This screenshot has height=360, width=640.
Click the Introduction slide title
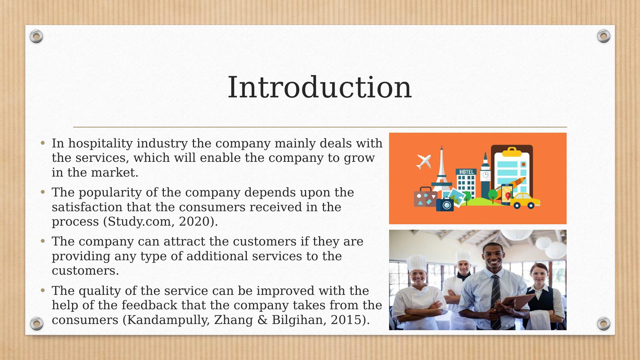click(x=319, y=87)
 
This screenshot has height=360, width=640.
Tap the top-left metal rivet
click(x=36, y=36)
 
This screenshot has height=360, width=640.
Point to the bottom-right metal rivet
click(x=603, y=323)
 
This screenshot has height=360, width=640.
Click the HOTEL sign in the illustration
click(x=466, y=172)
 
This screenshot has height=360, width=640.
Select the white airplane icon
click(x=423, y=161)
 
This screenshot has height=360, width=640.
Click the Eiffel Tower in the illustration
click(x=442, y=168)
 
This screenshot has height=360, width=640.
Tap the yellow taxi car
click(x=525, y=201)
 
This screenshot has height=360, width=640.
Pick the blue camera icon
click(x=445, y=204)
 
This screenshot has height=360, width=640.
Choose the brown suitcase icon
click(x=425, y=197)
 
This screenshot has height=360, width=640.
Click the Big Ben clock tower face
click(x=485, y=175)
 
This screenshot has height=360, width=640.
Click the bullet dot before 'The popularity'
click(x=43, y=192)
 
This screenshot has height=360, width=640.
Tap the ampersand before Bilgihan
click(x=262, y=320)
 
